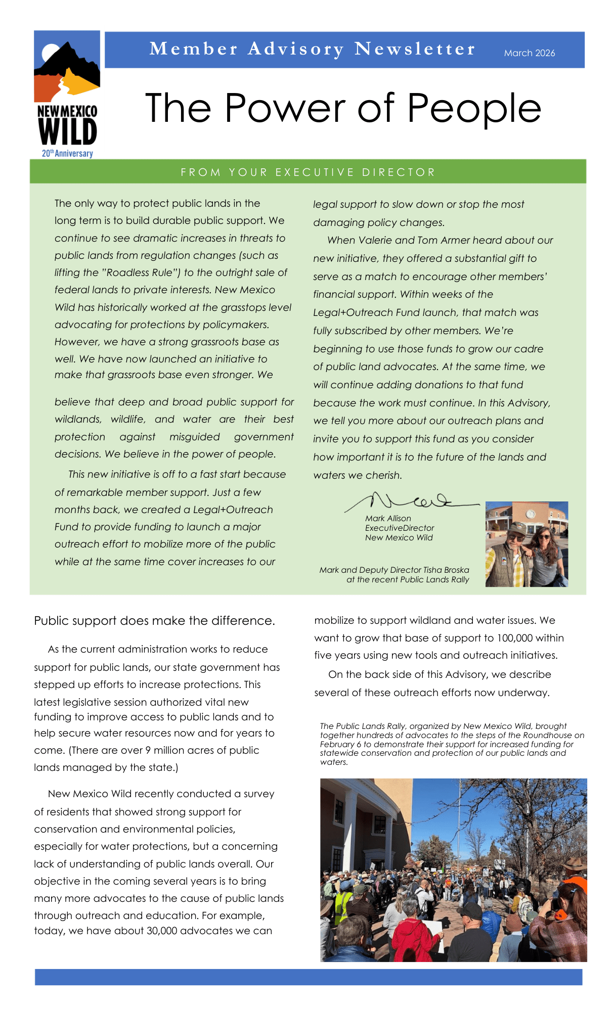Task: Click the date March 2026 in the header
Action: coord(529,53)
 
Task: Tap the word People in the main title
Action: coord(474,108)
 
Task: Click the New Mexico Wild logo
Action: coord(67,94)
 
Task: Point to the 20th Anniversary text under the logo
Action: coord(67,153)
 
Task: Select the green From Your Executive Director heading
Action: coord(308,172)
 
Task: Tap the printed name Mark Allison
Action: coord(388,519)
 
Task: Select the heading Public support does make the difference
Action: coord(154,621)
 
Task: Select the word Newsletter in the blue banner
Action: coord(415,49)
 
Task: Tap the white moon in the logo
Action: coord(51,52)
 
